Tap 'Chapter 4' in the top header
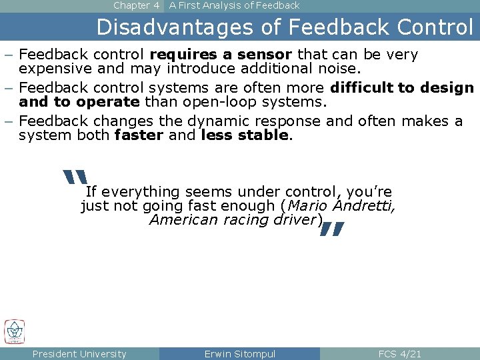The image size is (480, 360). (x=136, y=5)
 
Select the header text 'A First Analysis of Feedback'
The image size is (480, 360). (x=234, y=5)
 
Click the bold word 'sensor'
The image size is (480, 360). (x=266, y=54)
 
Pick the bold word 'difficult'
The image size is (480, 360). (x=362, y=88)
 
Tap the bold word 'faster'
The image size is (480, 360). (x=139, y=135)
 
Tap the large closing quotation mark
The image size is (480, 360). (x=331, y=230)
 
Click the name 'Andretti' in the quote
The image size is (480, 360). (x=365, y=207)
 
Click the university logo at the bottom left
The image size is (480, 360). (x=14, y=331)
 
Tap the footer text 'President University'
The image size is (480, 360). (x=79, y=354)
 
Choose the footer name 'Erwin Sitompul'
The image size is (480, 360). (x=240, y=354)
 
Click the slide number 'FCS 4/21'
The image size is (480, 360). (x=400, y=354)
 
